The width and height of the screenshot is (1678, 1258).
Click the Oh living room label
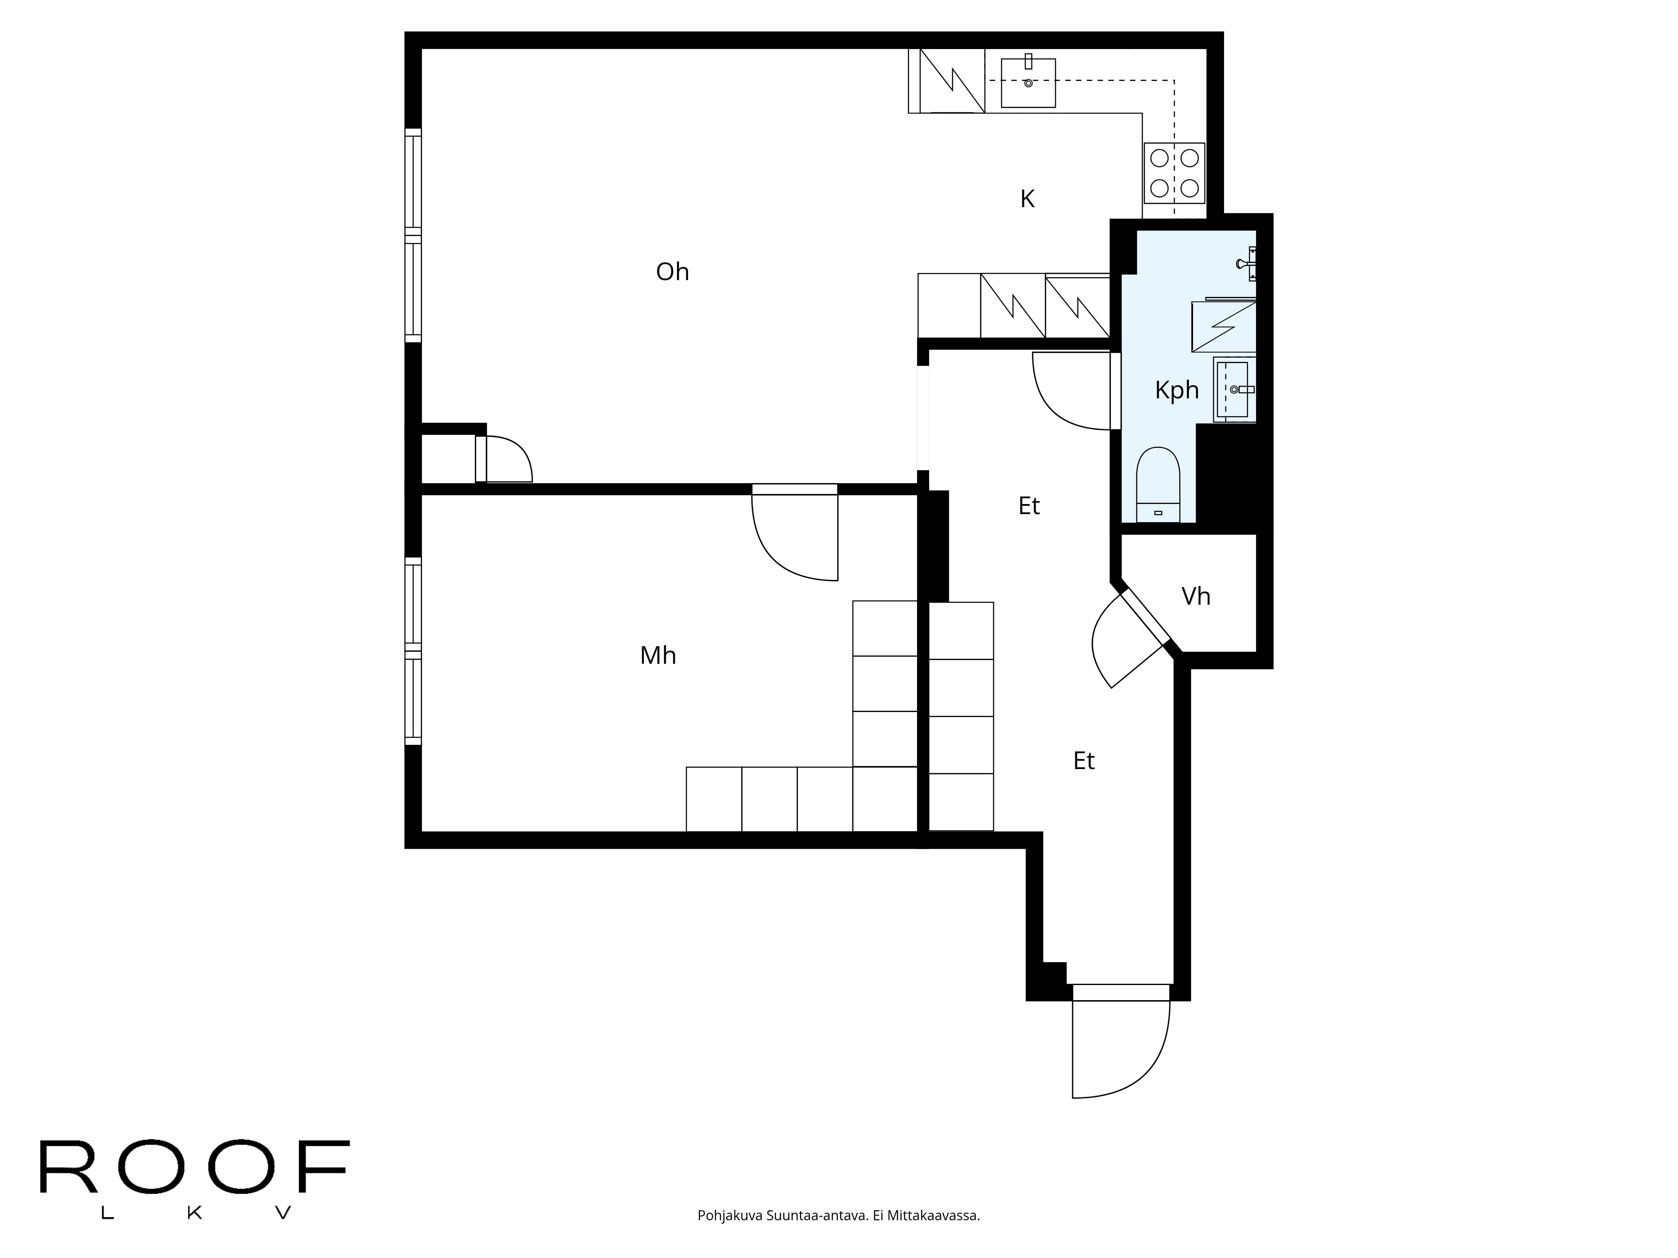672,271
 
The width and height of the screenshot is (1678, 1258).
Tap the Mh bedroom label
658,655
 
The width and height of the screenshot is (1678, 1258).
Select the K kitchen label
1027,199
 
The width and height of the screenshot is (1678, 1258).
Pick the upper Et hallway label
1029,506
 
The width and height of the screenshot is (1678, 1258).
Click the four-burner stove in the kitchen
1174,173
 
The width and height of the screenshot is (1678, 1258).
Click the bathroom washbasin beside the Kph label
1233,390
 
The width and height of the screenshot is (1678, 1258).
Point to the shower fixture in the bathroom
1244,264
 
